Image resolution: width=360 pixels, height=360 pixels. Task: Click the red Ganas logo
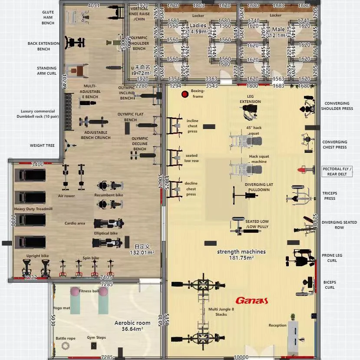251,300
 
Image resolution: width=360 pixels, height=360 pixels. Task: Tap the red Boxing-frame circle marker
185,93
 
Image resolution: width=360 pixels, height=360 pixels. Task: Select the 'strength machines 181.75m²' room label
241,254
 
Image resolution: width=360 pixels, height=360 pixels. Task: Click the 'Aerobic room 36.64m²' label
132,326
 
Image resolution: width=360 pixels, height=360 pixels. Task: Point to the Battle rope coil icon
66,346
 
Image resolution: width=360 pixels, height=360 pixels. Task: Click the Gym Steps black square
93,346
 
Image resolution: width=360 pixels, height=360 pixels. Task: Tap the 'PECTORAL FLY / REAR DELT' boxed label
337,172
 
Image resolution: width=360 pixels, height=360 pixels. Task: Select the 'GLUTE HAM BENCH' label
48,17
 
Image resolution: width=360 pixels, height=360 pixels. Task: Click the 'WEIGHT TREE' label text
42,145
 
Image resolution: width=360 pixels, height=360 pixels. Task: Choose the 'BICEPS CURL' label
330,284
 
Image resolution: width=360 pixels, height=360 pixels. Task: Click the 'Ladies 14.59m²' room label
198,28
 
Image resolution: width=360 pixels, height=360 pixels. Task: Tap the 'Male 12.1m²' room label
278,32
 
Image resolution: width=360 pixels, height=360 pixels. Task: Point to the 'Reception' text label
277,325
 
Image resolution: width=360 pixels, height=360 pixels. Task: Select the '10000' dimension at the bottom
241,357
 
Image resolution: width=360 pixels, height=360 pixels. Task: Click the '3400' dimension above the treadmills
38,165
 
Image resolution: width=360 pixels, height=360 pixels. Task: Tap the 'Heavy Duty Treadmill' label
33,209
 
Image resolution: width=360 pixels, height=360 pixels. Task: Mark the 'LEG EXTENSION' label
251,99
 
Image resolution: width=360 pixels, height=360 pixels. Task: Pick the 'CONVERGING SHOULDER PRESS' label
337,106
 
